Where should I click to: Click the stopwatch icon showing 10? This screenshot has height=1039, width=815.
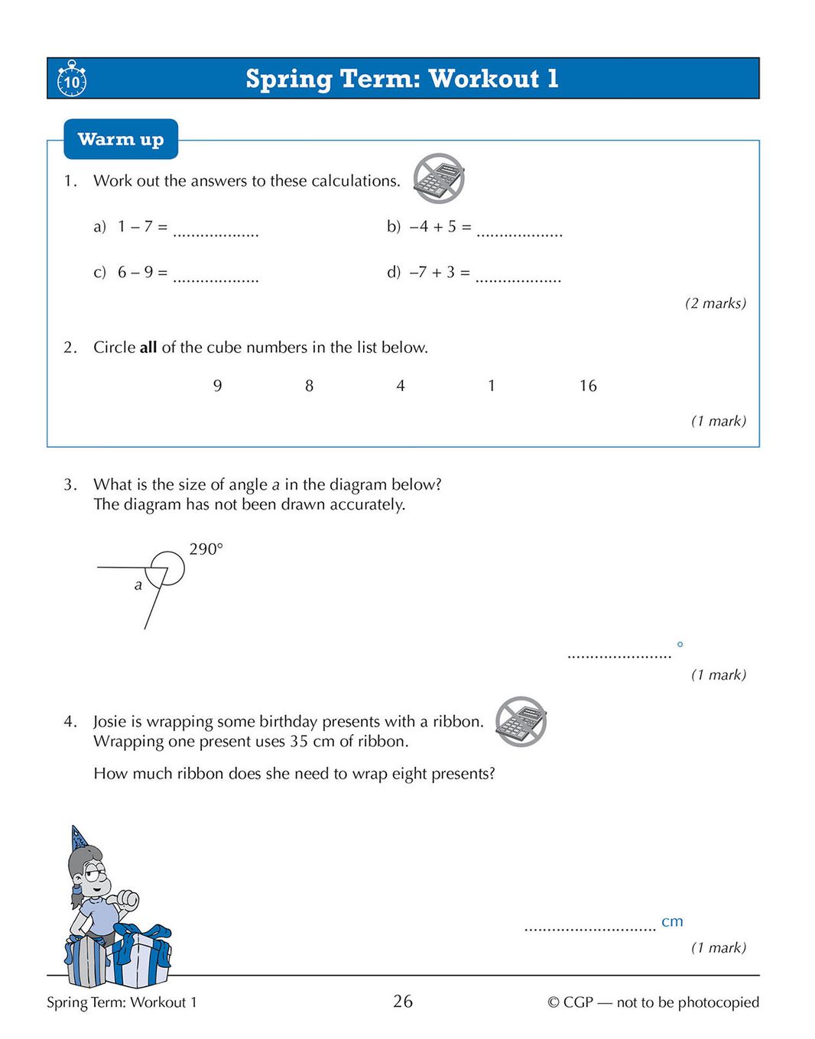pos(72,79)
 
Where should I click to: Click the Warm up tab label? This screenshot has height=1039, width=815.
pos(121,139)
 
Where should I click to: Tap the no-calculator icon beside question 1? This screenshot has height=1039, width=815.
pos(439,178)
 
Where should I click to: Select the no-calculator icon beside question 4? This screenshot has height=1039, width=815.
pos(521,721)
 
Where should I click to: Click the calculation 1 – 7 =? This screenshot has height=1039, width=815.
pos(142,227)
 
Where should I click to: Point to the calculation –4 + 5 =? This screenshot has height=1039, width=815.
pos(440,227)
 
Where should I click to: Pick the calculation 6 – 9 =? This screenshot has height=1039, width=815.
pos(142,273)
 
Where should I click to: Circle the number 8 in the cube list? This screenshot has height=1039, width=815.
pos(309,386)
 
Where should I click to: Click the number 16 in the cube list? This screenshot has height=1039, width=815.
pos(587,386)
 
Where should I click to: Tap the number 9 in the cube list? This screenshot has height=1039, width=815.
pos(218,386)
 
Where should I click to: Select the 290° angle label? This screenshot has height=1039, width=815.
pos(206,549)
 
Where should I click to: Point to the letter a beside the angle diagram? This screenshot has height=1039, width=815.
pos(138,585)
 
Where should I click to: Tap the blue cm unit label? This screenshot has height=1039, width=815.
pos(672,921)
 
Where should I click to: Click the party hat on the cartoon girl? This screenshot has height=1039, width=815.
pos(78,837)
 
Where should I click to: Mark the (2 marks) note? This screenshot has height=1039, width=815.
pos(715,303)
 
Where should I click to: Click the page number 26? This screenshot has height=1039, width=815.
pos(403,1001)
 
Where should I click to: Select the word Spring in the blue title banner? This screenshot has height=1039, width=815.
pos(288,79)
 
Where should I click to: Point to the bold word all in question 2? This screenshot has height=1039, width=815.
pos(148,348)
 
